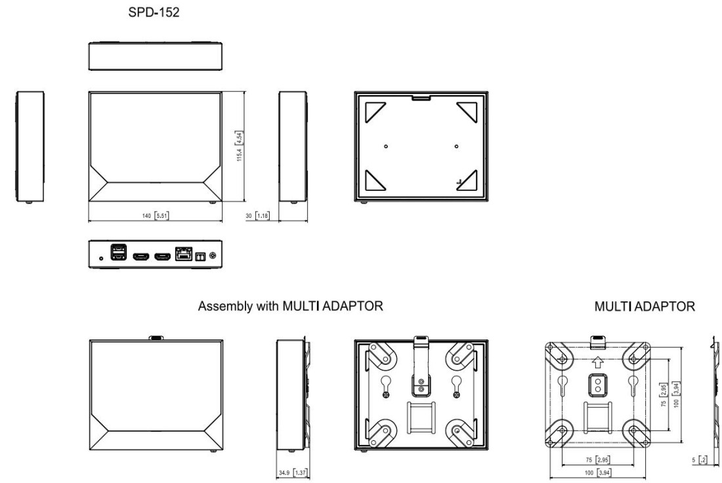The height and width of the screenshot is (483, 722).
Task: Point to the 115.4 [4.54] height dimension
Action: click(x=240, y=148)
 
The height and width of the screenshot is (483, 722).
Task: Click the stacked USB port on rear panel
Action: click(x=118, y=253)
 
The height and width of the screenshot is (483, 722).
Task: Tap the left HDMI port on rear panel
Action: click(x=140, y=255)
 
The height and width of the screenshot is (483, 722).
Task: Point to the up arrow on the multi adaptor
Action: click(x=597, y=362)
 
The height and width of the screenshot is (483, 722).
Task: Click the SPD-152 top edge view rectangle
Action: click(x=155, y=56)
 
